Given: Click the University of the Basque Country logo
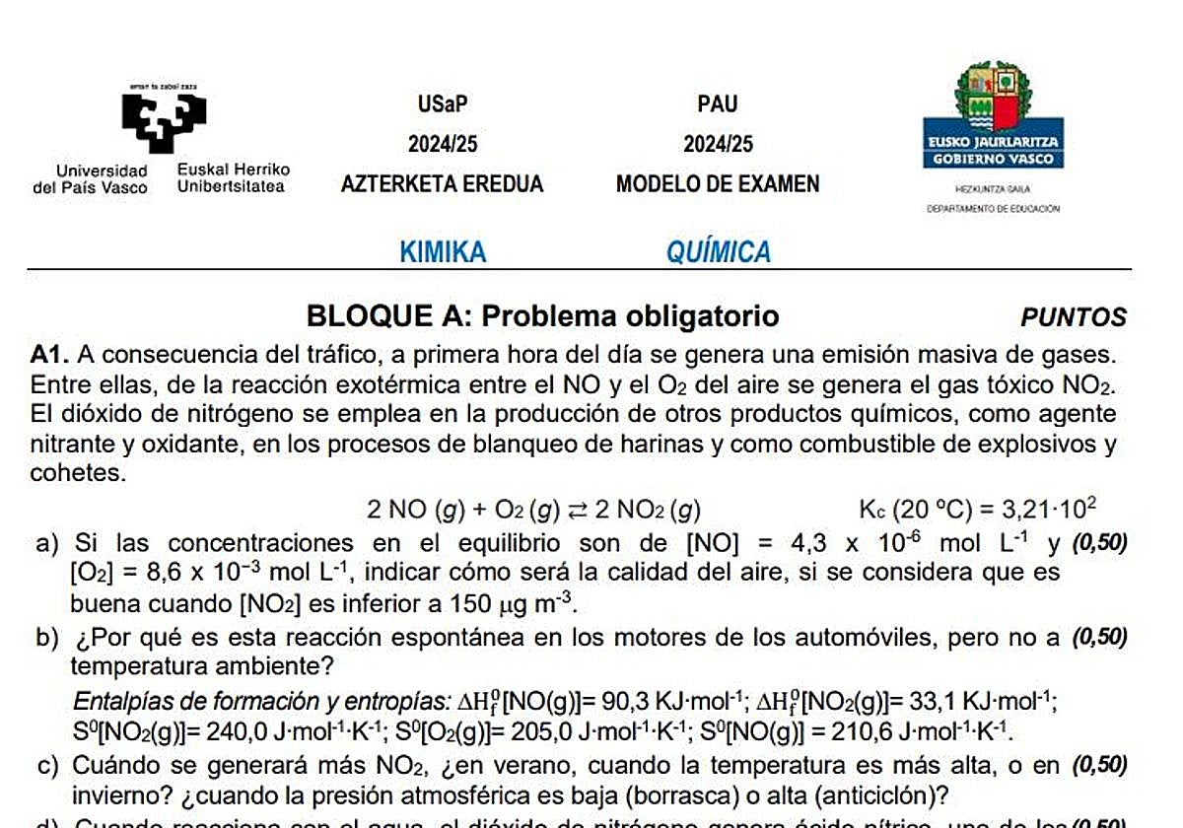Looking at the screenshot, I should click(164, 119).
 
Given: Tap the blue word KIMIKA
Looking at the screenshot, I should click(443, 252).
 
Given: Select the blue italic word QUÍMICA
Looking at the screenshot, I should click(719, 252).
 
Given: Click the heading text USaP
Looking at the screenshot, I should click(443, 104).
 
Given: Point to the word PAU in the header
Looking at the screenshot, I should click(718, 104).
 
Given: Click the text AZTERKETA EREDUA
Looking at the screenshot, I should click(443, 184).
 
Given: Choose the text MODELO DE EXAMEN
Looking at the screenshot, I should click(718, 184).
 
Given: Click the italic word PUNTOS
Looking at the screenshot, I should click(1074, 317).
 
